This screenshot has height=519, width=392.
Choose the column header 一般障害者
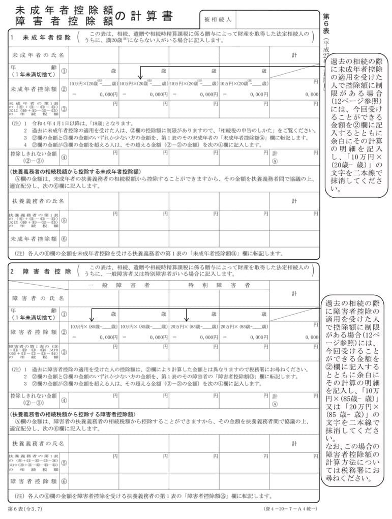[x=118, y=285]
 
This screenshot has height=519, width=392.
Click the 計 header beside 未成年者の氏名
[x=294, y=54]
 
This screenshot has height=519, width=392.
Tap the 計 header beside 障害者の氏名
[x=294, y=293]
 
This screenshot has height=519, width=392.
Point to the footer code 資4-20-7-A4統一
[x=291, y=509]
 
